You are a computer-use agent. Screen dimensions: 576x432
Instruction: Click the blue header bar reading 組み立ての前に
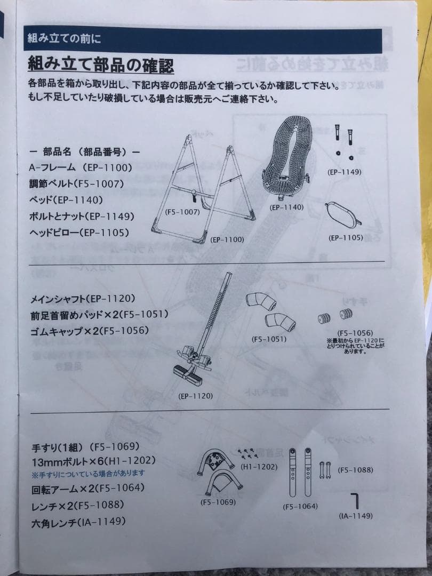[203, 39]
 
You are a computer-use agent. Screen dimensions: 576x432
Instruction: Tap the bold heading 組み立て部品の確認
[101, 65]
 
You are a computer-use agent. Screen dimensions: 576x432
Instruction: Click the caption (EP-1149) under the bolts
[345, 172]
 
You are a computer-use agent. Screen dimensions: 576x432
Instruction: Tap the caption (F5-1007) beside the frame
[182, 212]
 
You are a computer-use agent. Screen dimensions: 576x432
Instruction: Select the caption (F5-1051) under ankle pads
[269, 339]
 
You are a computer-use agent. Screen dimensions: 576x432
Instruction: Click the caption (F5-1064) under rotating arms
[300, 506]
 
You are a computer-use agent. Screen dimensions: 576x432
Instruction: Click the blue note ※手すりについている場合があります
[88, 473]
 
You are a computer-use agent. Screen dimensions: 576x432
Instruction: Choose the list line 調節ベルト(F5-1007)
[76, 183]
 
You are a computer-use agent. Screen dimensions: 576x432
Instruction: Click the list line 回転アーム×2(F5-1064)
[87, 488]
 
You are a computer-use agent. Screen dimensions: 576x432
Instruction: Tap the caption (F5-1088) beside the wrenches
[356, 470]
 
